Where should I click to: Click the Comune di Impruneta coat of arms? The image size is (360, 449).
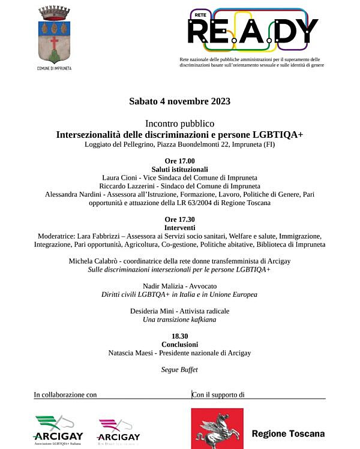click(x=54, y=35)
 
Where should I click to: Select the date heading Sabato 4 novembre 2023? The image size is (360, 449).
click(x=179, y=101)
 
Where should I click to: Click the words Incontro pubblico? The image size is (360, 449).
click(x=179, y=123)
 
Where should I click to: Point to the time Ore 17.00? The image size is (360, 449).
click(x=179, y=161)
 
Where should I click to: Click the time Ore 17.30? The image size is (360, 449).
click(x=179, y=219)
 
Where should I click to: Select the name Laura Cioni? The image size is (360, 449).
click(x=119, y=178)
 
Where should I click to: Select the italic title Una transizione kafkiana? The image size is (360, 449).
click(x=179, y=320)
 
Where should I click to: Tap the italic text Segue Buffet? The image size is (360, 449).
click(x=179, y=370)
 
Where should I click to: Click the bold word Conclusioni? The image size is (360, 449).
click(x=179, y=345)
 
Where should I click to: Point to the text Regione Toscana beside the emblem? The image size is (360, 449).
click(x=288, y=433)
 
